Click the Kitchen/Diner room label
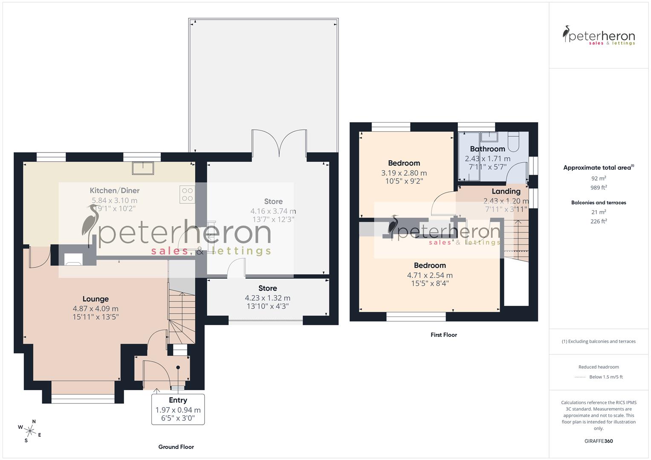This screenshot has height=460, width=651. coord(114,190)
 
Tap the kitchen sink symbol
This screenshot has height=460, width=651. coord(143,168)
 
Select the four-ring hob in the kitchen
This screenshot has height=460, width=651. coord(188,195)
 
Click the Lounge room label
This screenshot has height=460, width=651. coord(95,299)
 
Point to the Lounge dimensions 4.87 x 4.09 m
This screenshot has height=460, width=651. coord(95,309)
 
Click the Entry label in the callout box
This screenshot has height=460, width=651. coord(178,400)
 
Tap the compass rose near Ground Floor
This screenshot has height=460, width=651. coord(30,431)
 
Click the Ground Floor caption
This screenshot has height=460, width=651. coord(176,447)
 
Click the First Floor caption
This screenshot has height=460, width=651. coord(443,335)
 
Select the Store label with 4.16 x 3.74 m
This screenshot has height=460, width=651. coord(273,201)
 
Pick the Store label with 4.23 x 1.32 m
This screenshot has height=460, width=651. coord(267,288)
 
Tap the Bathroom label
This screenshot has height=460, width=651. coord(487,149)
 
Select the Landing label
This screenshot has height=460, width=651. coord(506,191)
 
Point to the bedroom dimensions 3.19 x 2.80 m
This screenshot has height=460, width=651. coord(404,173)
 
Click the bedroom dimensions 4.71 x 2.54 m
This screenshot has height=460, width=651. coord(430,276)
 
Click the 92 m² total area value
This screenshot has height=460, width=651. coord(599,178)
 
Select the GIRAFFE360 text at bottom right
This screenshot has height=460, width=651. coord(599,441)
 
